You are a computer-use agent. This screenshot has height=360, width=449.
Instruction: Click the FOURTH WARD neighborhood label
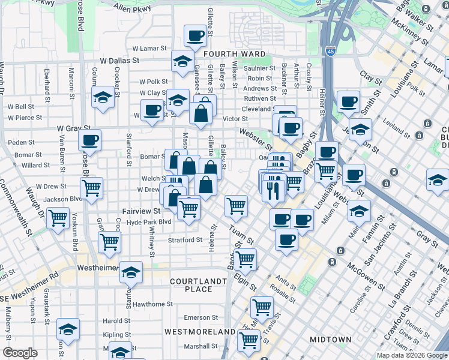point(234,54)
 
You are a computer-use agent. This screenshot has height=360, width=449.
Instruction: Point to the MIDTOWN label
point(330,340)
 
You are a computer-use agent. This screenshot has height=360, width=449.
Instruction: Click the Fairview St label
point(141,211)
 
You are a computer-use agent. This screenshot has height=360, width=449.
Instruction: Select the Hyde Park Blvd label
point(149,221)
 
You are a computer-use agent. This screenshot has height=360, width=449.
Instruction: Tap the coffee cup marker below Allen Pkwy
point(194,36)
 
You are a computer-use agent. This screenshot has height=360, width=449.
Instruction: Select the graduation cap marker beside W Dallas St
point(182,61)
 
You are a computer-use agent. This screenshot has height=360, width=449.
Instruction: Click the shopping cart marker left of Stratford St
point(109,242)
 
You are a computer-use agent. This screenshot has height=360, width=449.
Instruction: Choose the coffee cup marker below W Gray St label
point(89,141)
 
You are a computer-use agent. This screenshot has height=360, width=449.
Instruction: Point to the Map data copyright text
point(412,355)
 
